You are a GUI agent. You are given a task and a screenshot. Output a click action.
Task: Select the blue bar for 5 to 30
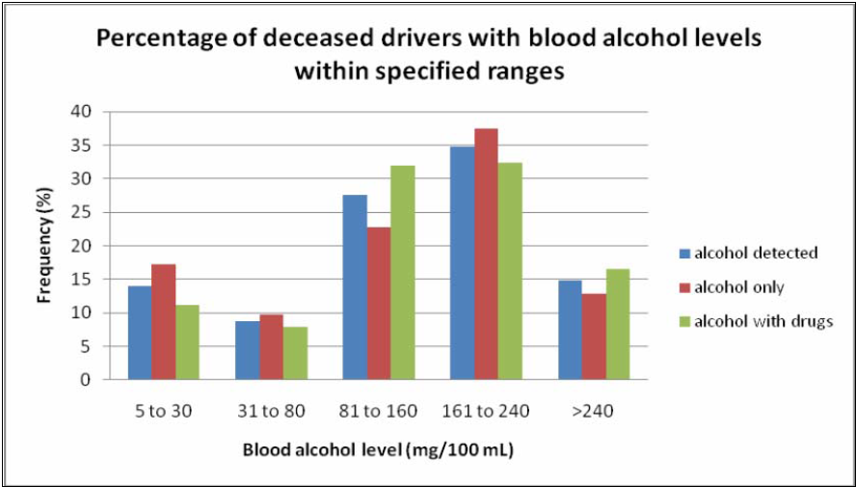[x=139, y=332]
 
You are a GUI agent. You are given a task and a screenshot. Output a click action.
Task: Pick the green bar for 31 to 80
[x=294, y=353]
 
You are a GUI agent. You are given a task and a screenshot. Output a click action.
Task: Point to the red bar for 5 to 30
[x=163, y=321]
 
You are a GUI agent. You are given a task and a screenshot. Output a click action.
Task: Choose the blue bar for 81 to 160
[x=355, y=287]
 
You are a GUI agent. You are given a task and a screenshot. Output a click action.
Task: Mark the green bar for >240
[x=618, y=324]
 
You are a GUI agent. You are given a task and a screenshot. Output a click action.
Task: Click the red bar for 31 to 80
[x=271, y=347]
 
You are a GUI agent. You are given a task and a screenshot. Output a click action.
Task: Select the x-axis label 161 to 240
[x=487, y=411]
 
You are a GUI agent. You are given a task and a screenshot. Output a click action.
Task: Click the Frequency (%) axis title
[x=44, y=245]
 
